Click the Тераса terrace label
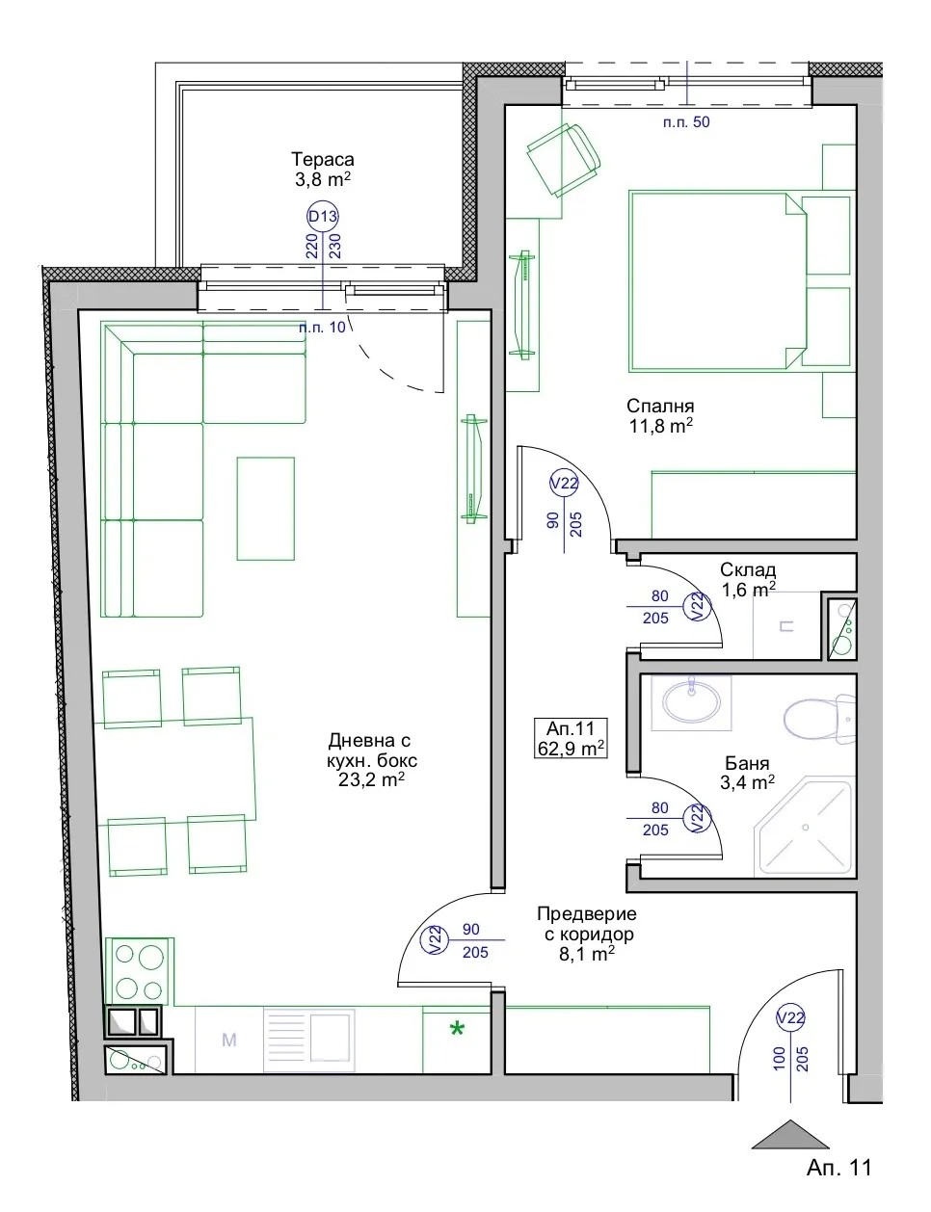tap(323, 160)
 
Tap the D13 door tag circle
tap(323, 216)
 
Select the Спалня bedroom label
tap(660, 406)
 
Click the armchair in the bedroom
tap(564, 159)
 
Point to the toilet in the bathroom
tap(819, 719)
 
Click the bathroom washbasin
tap(691, 702)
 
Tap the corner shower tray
tap(804, 828)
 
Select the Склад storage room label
tap(748, 569)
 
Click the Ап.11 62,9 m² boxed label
tap(571, 738)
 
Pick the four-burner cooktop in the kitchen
tap(140, 971)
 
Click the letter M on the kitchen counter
tap(229, 1040)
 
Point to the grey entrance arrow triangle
tap(790, 1135)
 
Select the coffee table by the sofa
tap(266, 508)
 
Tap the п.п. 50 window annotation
tap(686, 122)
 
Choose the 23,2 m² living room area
tap(371, 779)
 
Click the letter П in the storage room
tap(786, 626)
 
